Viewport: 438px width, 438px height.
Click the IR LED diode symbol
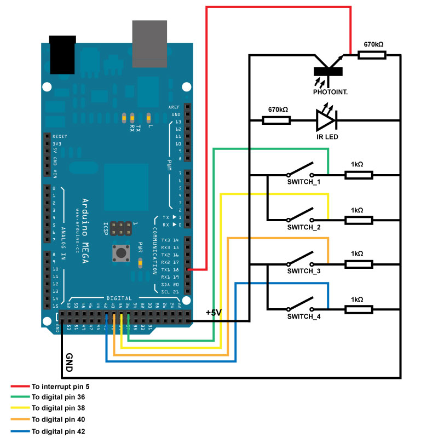[x=326, y=119]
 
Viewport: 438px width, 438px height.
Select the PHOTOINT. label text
[x=330, y=93]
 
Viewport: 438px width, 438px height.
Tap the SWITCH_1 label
[x=303, y=181]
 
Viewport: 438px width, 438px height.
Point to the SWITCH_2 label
[x=303, y=226]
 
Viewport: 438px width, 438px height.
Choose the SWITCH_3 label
[x=303, y=271]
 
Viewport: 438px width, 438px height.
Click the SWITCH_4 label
[x=303, y=316]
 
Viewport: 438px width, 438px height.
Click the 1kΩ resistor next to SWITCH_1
[x=359, y=175]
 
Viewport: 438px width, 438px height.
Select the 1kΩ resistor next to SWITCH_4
[x=359, y=310]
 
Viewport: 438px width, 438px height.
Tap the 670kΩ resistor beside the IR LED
[x=276, y=119]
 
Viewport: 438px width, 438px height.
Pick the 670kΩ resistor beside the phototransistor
[x=372, y=55]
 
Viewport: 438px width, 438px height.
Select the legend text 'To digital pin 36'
[x=58, y=397]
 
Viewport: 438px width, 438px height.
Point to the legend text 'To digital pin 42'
[x=58, y=431]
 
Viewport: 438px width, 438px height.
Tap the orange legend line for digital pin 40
[x=19, y=419]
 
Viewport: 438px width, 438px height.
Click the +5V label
[x=214, y=313]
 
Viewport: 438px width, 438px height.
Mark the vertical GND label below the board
[x=69, y=362]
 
